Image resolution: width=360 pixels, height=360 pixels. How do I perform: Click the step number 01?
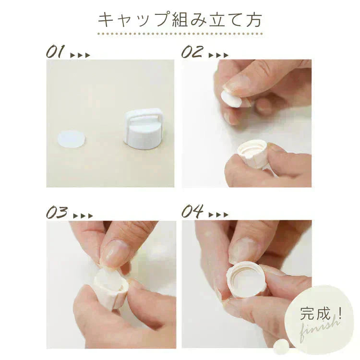55,52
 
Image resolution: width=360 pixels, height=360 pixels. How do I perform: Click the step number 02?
192,52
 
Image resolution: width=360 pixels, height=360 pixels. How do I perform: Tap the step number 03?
57,212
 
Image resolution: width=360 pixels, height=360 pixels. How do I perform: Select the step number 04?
192,211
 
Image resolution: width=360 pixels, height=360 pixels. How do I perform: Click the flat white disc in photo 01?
71,139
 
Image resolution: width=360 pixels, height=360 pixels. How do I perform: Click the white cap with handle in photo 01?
144,129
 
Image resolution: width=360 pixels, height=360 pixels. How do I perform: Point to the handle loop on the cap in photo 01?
144,117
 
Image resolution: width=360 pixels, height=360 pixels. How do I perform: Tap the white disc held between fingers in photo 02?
231,99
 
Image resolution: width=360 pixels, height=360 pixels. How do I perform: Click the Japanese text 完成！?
321,313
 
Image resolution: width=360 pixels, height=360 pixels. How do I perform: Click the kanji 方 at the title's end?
254,20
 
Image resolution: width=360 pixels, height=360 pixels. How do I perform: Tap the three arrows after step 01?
80,55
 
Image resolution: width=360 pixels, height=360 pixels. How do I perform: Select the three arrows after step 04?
218,215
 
